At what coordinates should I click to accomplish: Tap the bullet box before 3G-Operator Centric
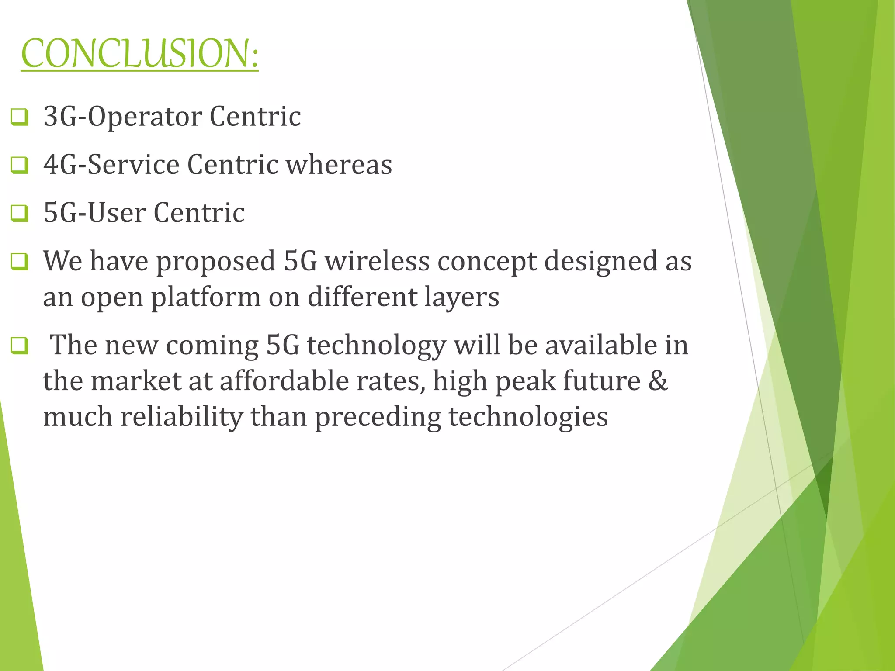pyautogui.click(x=20, y=117)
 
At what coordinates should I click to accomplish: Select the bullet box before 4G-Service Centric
pyautogui.click(x=20, y=165)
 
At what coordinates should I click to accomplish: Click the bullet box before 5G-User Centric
pyautogui.click(x=20, y=213)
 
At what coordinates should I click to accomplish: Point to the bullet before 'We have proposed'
pyautogui.click(x=20, y=262)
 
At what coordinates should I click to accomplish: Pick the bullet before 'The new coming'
pyautogui.click(x=20, y=346)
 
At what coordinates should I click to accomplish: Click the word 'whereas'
pyautogui.click(x=339, y=165)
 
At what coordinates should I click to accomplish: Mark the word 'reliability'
pyautogui.click(x=181, y=417)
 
